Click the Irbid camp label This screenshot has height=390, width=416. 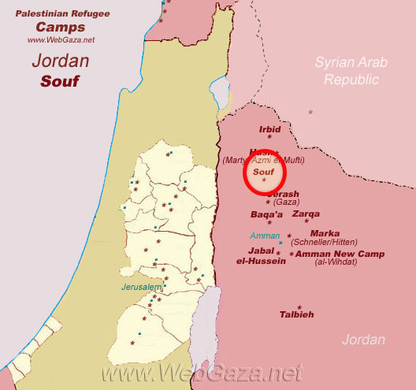point(269,131)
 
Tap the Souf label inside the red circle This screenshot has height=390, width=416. point(263,171)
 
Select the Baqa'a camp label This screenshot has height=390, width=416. point(267,214)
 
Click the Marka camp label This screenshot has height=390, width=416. point(325,233)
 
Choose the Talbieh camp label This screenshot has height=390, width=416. point(297,314)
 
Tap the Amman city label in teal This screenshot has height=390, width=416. point(265,236)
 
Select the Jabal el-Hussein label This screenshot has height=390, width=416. point(262,255)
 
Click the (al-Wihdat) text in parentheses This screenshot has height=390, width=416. point(335,262)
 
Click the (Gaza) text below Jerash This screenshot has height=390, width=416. point(285,202)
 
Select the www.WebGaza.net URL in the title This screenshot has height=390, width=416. point(61,39)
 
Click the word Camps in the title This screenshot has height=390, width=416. point(60,26)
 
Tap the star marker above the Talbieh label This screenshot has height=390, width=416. point(299,306)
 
